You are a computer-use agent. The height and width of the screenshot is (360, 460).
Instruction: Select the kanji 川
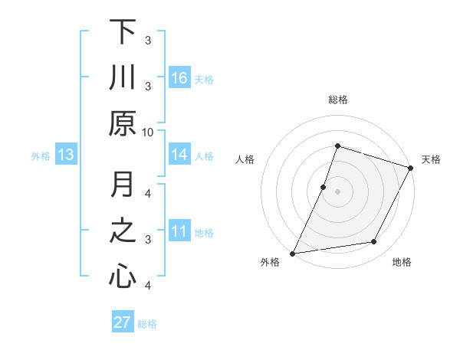tap(123, 77)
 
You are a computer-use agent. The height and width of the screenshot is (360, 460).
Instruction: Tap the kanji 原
tap(123, 123)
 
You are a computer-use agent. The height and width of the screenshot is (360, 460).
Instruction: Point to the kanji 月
tap(123, 185)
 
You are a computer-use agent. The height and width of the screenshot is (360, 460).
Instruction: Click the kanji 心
tap(123, 277)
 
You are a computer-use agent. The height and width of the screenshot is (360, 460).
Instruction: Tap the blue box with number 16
tap(179, 78)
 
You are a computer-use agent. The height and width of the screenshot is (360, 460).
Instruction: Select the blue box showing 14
tap(179, 155)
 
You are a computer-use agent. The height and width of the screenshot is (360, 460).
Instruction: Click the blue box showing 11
tap(179, 231)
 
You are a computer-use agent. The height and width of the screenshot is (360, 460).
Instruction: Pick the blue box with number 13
tap(65, 155)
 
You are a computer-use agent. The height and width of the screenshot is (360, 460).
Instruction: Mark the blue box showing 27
tap(123, 322)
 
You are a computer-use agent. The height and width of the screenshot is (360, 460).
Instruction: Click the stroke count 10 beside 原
tap(148, 132)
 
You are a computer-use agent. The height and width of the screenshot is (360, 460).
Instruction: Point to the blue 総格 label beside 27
tap(147, 324)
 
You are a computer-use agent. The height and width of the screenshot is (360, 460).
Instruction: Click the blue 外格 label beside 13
tap(41, 156)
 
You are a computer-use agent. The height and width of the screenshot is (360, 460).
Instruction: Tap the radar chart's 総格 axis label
tap(338, 100)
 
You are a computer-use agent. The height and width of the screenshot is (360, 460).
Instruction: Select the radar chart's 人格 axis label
tap(245, 159)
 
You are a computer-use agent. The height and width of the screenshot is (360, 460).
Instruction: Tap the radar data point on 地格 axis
tap(374, 242)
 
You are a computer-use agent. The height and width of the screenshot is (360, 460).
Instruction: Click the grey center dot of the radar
tap(337, 191)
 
